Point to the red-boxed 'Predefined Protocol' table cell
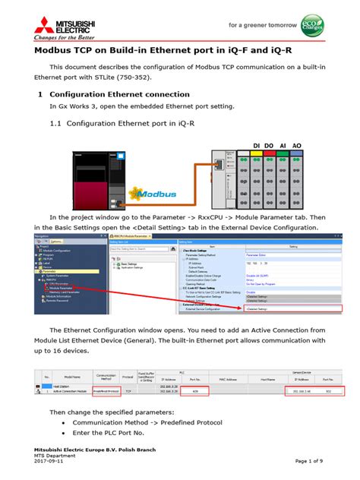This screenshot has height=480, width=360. [106, 392]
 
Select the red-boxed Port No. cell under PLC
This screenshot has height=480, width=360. [194, 392]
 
